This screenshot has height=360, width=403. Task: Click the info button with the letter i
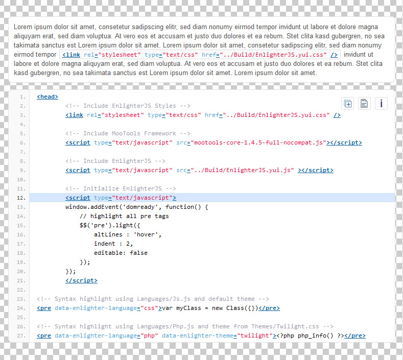pos(381,104)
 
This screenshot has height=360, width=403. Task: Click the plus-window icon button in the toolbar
pos(348,104)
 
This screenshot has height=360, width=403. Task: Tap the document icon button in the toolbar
pos(364,104)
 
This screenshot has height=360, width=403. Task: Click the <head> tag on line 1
pos(48,97)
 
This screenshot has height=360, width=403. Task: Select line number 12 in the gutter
pos(21,198)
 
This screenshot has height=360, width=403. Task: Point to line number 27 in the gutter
pos(21,336)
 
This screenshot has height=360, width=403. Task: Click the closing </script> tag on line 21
pos(82,280)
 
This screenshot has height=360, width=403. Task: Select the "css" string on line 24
pos(149,308)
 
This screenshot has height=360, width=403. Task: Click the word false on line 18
pos(138,253)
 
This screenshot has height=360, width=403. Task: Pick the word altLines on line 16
pos(108,234)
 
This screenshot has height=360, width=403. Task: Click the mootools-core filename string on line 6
pos(258,142)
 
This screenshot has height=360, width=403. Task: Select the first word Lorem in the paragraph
pos(23,27)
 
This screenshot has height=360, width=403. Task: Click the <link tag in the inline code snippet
pos(71,55)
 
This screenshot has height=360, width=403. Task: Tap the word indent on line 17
pos(105,244)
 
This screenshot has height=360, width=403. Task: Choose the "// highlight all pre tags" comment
pos(124,216)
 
